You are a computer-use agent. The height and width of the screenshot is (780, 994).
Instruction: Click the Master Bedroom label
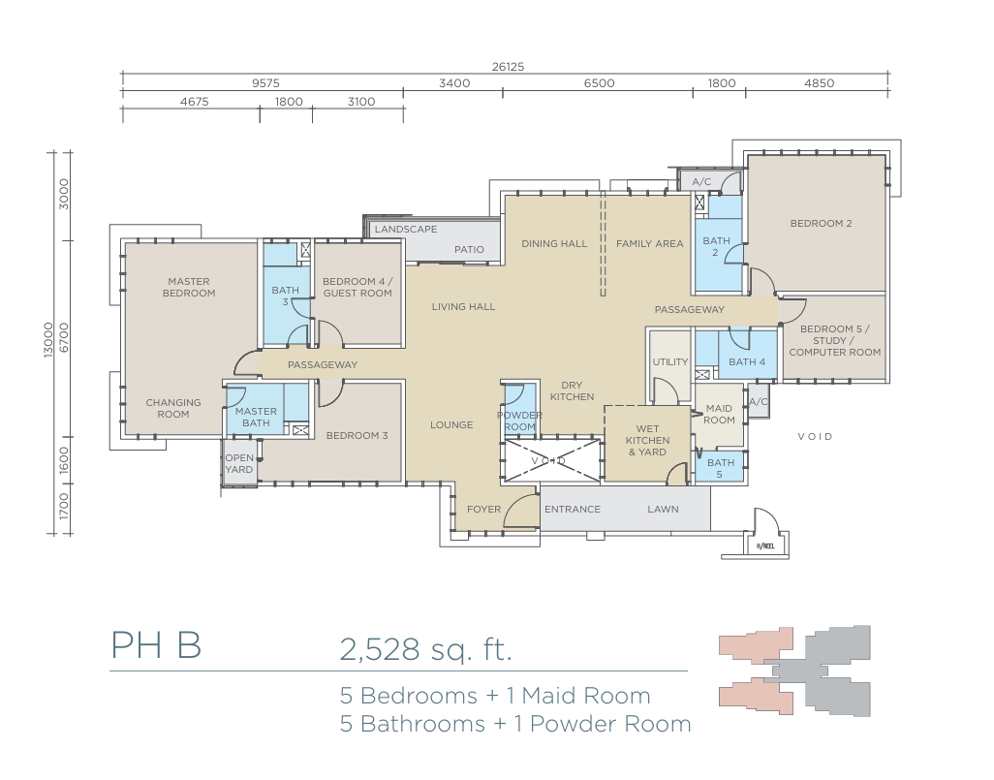189,287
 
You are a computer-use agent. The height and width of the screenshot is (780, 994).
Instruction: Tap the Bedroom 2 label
821,223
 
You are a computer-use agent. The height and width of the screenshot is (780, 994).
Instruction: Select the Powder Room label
520,421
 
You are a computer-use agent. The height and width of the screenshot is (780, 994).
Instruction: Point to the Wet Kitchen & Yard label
647,440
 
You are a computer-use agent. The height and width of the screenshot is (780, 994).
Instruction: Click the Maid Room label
719,414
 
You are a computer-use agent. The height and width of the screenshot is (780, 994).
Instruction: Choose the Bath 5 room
721,468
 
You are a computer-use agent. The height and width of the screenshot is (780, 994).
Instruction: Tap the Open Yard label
239,463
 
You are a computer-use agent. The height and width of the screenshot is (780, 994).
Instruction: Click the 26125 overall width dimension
508,67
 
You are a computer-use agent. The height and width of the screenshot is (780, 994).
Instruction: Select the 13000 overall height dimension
48,340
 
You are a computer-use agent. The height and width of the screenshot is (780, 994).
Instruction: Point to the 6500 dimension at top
599,83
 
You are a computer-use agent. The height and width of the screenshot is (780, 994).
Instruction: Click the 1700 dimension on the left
63,506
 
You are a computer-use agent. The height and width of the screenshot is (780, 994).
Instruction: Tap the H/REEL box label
765,546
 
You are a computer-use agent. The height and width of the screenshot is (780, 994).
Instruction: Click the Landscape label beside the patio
406,229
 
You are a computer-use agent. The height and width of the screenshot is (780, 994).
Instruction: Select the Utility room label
670,361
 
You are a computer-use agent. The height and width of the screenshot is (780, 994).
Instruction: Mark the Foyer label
483,510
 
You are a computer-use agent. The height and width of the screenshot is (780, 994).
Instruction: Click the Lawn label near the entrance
663,510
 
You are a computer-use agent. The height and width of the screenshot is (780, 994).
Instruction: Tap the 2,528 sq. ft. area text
425,649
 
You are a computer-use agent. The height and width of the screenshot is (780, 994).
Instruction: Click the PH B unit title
157,645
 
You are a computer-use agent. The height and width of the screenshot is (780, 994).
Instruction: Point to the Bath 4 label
747,362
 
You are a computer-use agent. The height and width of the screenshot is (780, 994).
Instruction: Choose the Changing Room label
173,408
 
